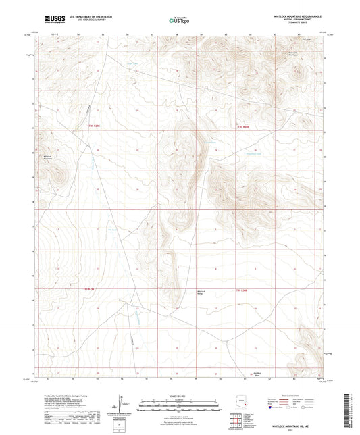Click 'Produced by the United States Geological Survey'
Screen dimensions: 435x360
63,396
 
